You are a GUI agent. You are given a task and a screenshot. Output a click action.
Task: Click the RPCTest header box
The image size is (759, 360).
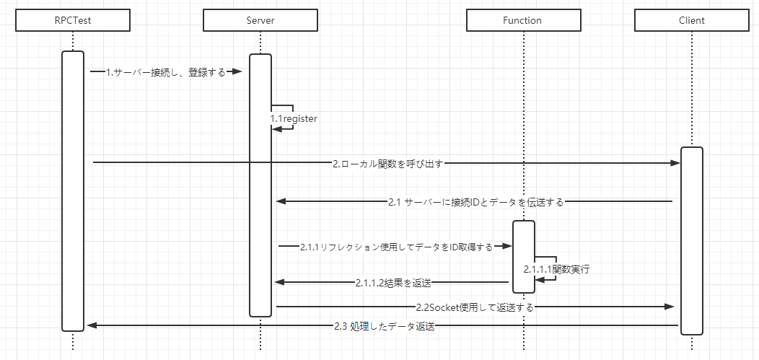click(x=73, y=21)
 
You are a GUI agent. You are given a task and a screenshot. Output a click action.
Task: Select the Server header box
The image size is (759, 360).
click(x=260, y=21)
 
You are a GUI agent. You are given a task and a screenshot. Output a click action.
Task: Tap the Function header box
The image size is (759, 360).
click(x=523, y=21)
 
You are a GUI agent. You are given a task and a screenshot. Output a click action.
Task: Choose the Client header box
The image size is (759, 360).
click(x=691, y=21)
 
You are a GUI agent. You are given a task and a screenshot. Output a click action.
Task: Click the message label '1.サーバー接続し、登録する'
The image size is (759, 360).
click(x=165, y=72)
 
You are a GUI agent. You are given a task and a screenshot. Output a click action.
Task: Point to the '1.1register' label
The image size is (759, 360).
click(x=294, y=118)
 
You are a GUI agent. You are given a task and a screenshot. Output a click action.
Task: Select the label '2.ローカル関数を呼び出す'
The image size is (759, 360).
click(x=387, y=164)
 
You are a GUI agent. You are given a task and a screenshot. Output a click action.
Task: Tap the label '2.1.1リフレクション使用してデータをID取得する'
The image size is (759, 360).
click(x=396, y=247)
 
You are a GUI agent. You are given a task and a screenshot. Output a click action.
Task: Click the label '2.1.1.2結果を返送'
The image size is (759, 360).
click(x=393, y=282)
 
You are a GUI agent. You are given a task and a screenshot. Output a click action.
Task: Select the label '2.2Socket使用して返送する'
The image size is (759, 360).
click(x=475, y=307)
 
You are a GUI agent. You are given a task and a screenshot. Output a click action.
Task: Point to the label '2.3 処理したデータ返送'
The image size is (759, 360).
click(x=385, y=326)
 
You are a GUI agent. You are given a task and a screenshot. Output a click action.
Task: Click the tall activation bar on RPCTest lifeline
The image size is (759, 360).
click(x=73, y=191)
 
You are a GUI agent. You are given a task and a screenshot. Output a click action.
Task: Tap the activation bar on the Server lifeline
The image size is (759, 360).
click(x=260, y=185)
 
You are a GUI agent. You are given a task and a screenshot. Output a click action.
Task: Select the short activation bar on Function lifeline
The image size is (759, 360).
click(x=524, y=257)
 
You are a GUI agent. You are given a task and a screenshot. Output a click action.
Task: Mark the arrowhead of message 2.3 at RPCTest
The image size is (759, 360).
click(x=92, y=326)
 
